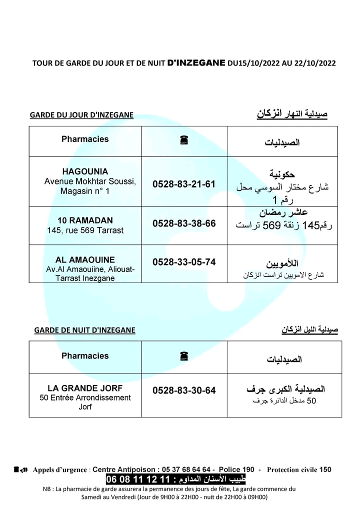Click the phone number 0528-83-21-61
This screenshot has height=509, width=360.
184,184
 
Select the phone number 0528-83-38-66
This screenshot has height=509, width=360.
184,223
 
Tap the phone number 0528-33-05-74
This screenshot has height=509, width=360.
184,261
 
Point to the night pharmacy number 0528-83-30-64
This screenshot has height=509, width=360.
184,390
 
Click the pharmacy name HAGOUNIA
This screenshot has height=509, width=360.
85,171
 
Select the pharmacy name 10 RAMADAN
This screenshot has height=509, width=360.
85,220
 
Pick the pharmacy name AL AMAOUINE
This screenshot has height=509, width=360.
85,260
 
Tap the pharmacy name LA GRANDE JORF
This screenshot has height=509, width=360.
85,388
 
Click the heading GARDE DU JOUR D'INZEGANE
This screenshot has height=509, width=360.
81,115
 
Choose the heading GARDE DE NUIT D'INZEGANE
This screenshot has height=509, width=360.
84,330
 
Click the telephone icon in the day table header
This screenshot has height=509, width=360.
184,141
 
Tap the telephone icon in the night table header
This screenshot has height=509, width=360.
184,356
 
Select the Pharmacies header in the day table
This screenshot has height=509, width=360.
85,139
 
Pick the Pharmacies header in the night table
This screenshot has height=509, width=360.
85,356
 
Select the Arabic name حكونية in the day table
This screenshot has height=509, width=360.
282,174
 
